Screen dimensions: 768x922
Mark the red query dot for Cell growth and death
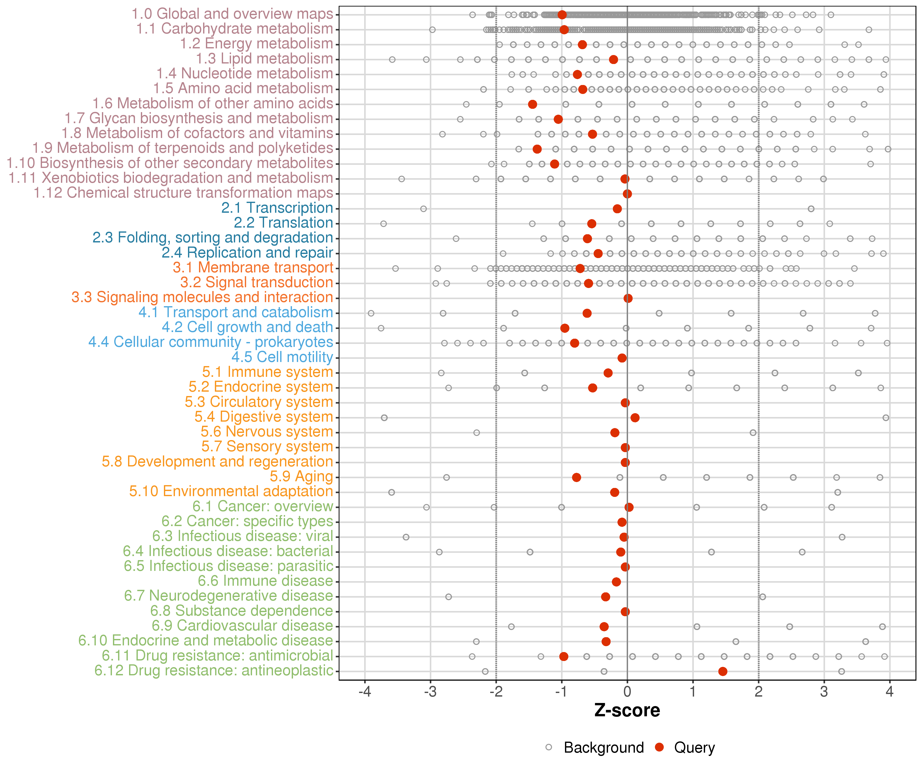[565, 328]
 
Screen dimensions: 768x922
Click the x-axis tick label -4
[365, 692]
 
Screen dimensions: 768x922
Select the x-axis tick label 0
[627, 692]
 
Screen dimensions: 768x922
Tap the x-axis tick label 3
[824, 692]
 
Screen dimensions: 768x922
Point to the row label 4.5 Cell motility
[282, 357]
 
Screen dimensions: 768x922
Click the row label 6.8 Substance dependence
[242, 611]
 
